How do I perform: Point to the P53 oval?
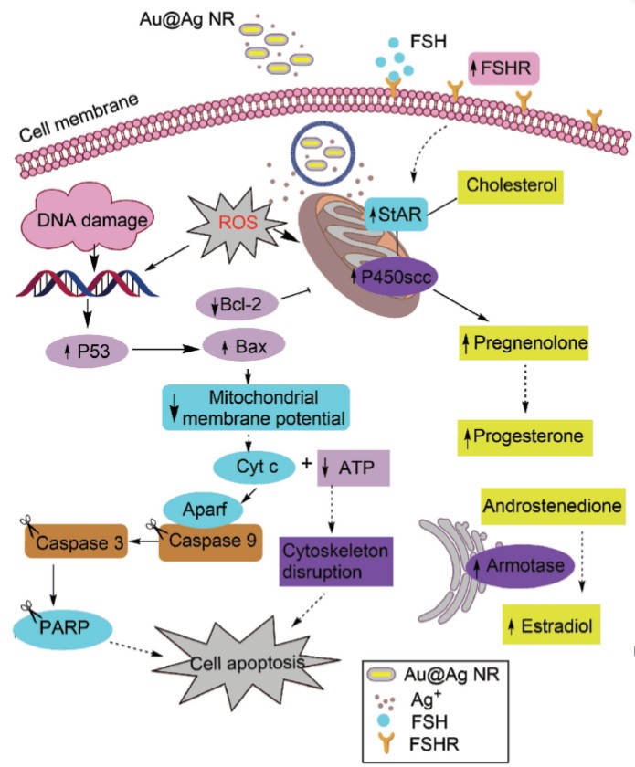coord(89,349)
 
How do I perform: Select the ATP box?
coord(354,468)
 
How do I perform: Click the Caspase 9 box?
coord(209,541)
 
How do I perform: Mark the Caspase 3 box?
coord(72,541)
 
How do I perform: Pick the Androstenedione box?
coord(541,505)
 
